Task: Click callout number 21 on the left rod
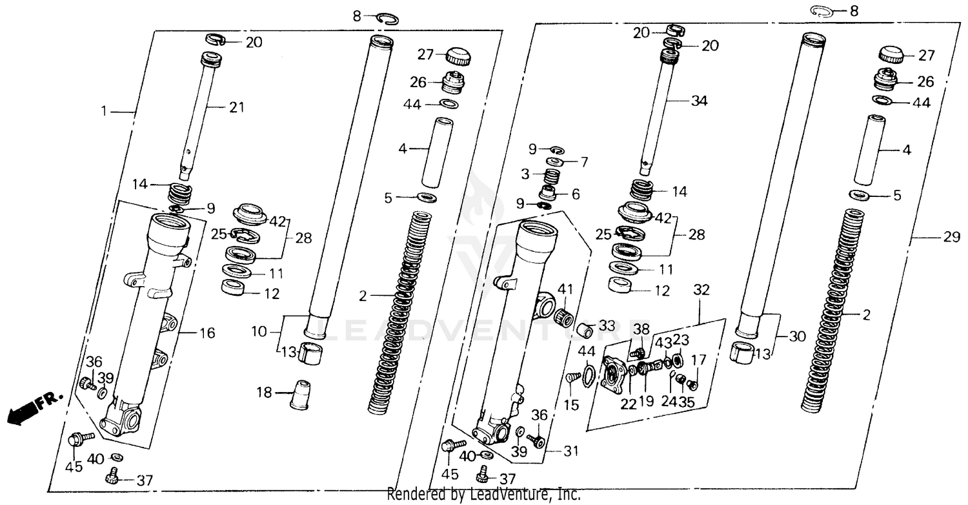(237, 108)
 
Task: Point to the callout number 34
(699, 101)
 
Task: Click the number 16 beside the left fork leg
(207, 333)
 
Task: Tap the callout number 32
(701, 290)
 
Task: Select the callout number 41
(565, 288)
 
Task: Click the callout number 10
(259, 331)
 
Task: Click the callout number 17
(698, 360)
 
